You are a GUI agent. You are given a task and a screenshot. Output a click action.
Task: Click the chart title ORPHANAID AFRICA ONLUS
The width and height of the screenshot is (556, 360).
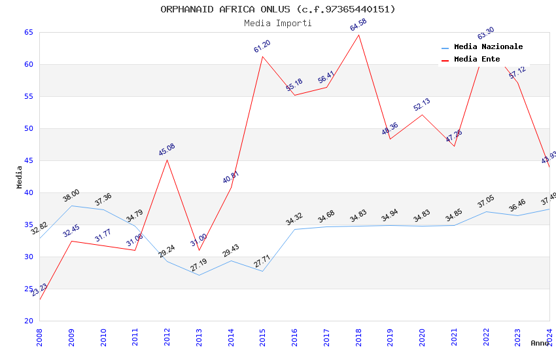point(278,9)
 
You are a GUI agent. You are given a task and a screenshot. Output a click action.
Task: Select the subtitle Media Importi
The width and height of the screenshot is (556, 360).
point(278,23)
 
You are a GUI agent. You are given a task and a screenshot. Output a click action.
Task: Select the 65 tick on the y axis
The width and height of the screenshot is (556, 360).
point(28,32)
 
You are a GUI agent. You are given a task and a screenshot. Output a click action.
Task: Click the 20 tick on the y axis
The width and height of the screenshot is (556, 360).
point(28,321)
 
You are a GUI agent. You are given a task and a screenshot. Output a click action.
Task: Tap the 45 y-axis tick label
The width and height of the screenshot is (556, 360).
point(28,160)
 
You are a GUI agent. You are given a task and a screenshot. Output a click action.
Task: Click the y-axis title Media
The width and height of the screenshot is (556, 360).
point(20,177)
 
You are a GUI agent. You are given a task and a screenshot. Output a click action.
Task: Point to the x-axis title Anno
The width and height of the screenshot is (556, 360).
point(540,343)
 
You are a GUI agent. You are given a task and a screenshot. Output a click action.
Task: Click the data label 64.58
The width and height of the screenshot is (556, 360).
point(358,26)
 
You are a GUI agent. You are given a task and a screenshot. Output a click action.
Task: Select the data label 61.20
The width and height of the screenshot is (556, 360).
point(262,46)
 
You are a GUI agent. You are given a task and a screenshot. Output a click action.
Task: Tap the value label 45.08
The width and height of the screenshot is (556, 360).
point(167,150)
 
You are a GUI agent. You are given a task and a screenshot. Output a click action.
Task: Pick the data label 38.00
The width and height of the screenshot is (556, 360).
point(71,195)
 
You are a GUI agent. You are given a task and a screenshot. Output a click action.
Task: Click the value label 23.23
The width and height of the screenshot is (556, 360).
point(39,290)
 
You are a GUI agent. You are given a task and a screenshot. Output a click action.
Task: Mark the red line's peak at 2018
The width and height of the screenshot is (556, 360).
point(358,35)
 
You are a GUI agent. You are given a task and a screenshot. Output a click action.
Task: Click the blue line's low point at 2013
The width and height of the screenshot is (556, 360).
point(199,275)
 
